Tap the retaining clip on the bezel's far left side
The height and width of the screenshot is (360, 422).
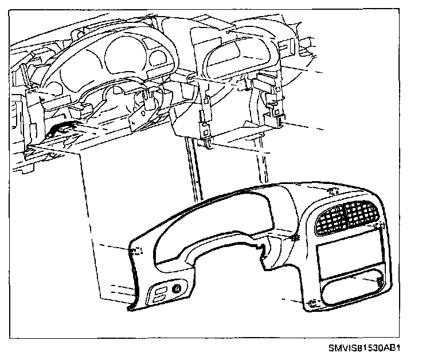[x=137, y=251]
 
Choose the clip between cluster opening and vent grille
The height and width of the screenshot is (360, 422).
[x=296, y=237]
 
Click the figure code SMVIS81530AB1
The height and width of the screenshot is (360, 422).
[x=364, y=347]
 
